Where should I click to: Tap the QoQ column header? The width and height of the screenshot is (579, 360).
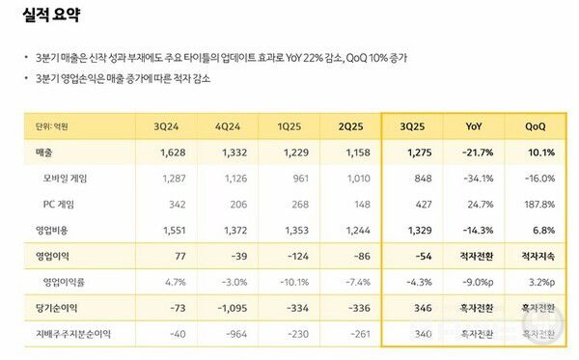538,126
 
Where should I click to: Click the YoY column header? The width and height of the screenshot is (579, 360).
475,126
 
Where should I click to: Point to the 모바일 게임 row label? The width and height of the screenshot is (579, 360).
66,179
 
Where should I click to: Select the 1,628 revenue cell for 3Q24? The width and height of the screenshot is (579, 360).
169,152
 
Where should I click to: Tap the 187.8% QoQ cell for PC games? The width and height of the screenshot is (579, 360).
538,205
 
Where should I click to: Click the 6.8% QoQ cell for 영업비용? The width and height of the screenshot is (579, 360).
540,231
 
